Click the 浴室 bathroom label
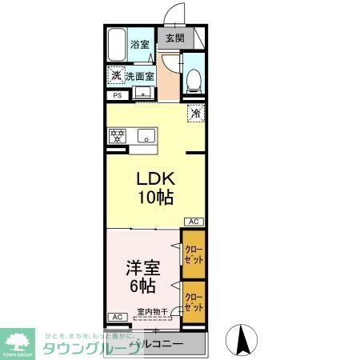pyautogui.click(x=140, y=44)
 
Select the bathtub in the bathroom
pyautogui.click(x=117, y=44)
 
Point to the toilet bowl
pyautogui.click(x=192, y=78)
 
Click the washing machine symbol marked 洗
pyautogui.click(x=117, y=76)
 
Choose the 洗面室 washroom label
pyautogui.click(x=139, y=77)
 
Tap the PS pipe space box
pyautogui.click(x=117, y=96)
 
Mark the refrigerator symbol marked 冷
pyautogui.click(x=195, y=114)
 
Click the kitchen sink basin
pyautogui.click(x=145, y=134)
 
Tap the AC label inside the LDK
pyautogui.click(x=194, y=221)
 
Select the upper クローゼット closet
pyautogui.click(x=193, y=254)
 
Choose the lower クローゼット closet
pyautogui.click(x=193, y=302)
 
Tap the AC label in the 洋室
pyautogui.click(x=116, y=317)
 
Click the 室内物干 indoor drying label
pyautogui.click(x=152, y=312)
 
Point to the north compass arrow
pyautogui.click(x=241, y=339)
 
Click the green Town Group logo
pyautogui.click(x=19, y=341)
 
